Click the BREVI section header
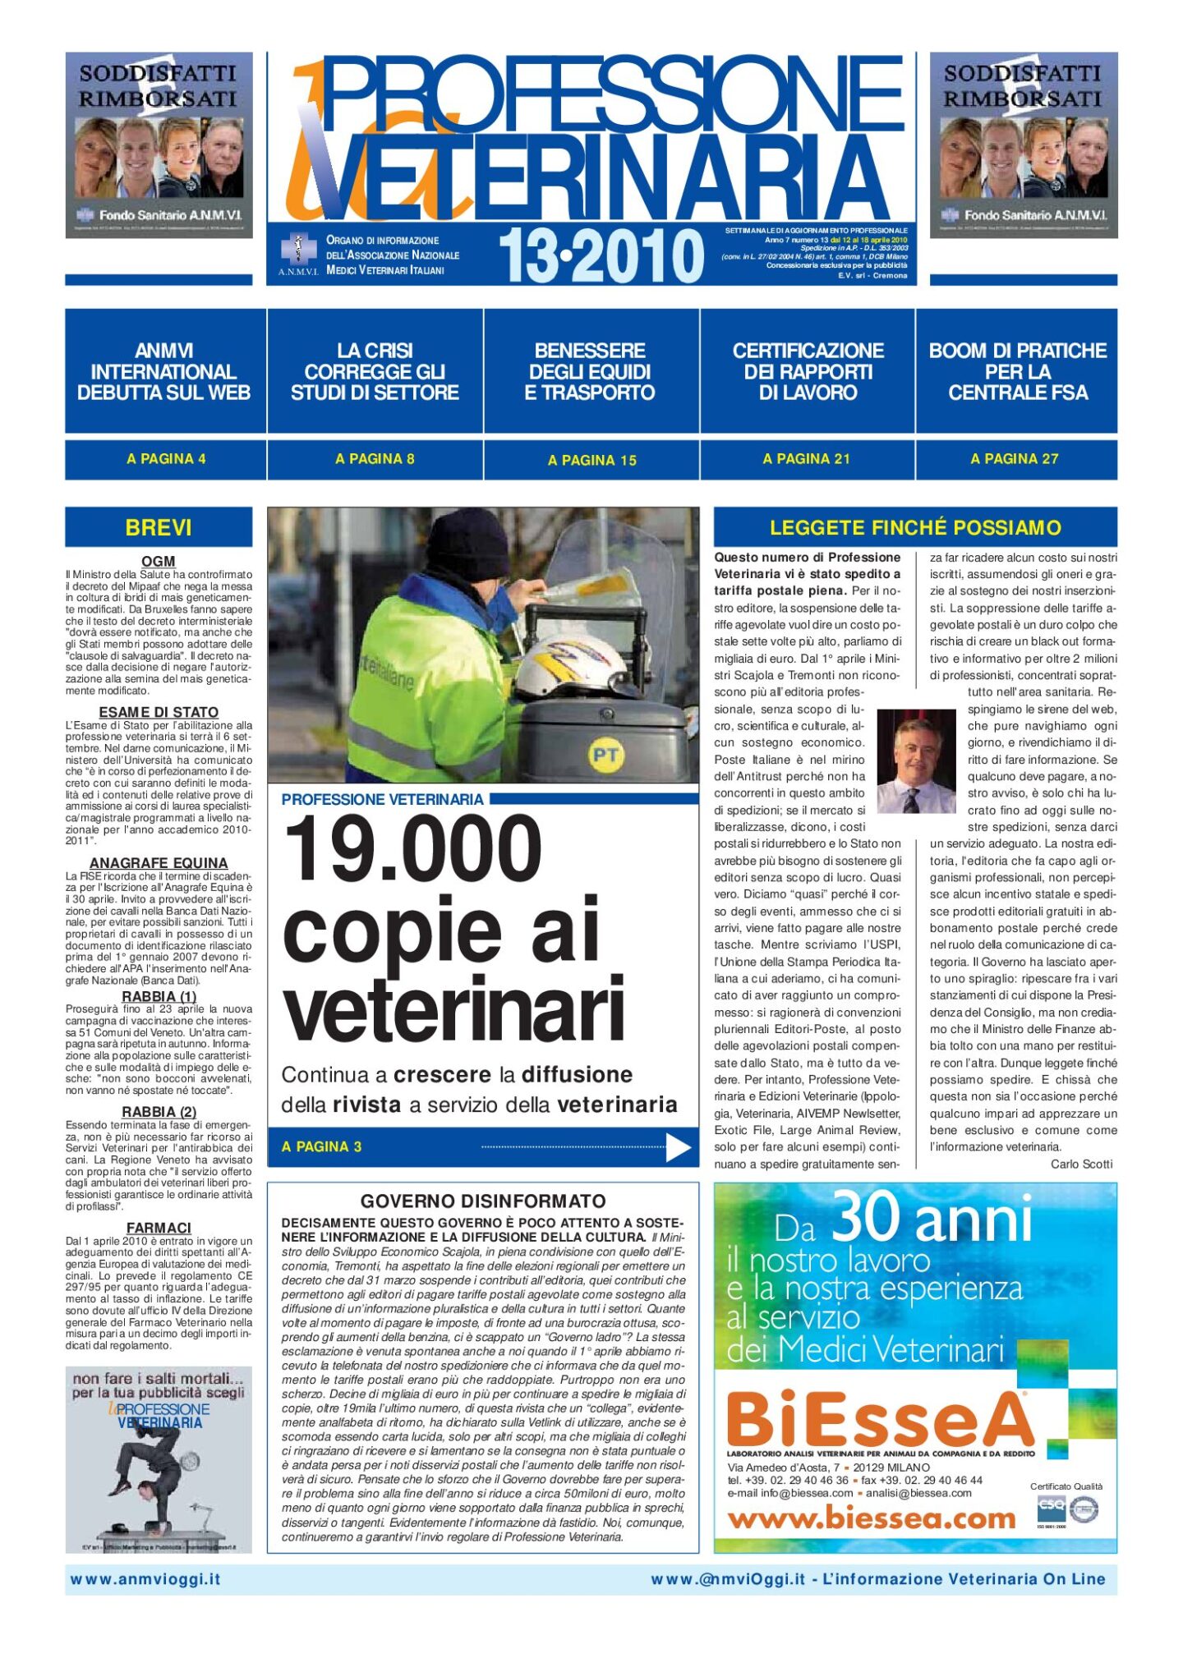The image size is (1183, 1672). [159, 527]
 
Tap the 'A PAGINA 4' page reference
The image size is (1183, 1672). [166, 459]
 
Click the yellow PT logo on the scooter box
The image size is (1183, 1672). [605, 756]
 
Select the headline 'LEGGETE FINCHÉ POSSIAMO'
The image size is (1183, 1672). [915, 527]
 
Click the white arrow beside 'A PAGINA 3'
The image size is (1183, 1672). [678, 1147]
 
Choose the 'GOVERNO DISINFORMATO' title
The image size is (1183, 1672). [483, 1201]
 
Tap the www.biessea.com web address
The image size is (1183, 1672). [871, 1518]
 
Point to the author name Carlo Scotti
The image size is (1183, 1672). [1081, 1164]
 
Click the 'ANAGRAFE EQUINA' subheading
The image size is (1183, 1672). [159, 863]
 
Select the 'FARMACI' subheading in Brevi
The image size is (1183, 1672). [159, 1228]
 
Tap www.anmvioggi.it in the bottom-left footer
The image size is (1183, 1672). [145, 1579]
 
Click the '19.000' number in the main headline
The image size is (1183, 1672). [412, 850]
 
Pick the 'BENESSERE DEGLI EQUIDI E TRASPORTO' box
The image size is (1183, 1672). [590, 371]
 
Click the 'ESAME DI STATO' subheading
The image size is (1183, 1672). [159, 712]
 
